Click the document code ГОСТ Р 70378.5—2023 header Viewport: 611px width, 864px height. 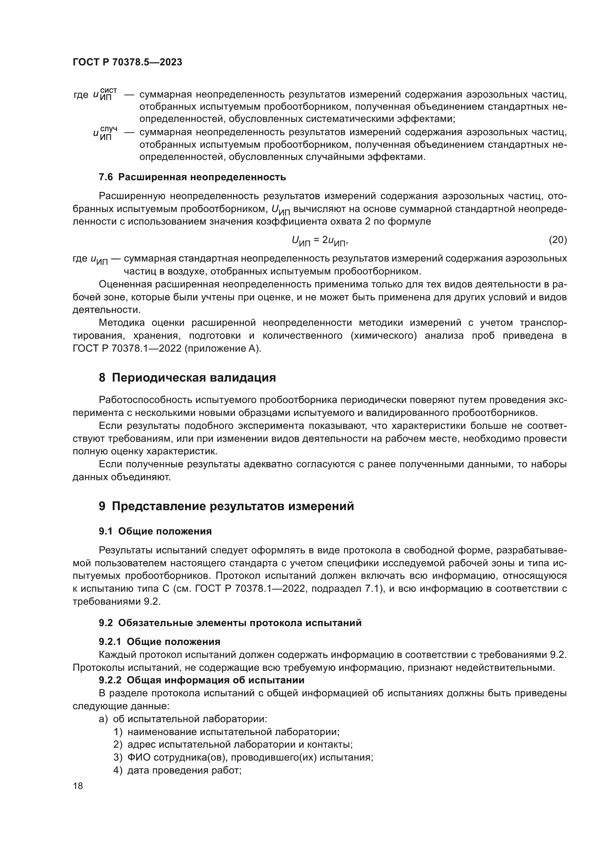127,62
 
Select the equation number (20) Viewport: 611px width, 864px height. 557,240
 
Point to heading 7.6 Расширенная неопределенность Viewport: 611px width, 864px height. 192,177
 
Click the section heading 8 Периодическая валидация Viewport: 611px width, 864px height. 187,378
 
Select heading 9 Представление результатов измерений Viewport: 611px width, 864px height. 226,506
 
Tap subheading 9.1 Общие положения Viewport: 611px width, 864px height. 155,531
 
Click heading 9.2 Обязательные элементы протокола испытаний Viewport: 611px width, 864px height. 230,623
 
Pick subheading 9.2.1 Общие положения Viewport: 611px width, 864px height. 160,642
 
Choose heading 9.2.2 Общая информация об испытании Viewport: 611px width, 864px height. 202,680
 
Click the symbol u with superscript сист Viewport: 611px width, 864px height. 105,95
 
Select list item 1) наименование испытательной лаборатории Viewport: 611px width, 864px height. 226,732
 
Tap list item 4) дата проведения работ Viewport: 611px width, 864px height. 177,770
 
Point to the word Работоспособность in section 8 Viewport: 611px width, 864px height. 145,400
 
